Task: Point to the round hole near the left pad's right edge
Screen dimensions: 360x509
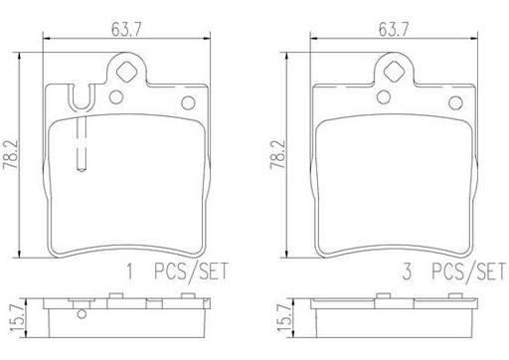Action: [x=186, y=103]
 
